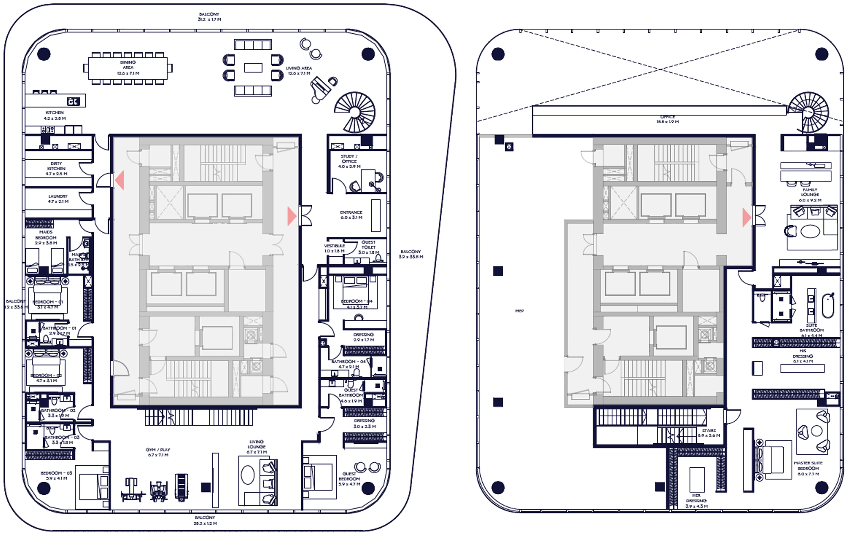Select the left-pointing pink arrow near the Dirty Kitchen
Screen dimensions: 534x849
click(120, 180)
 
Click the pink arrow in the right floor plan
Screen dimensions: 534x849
click(746, 217)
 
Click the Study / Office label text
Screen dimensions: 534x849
click(349, 161)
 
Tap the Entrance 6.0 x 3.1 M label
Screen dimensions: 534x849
click(351, 215)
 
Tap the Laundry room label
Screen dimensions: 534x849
click(58, 199)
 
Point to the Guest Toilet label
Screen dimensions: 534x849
click(368, 247)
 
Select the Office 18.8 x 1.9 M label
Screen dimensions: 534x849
click(667, 119)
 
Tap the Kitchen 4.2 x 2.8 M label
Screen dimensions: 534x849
click(55, 115)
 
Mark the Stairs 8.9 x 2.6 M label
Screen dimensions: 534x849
click(709, 433)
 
